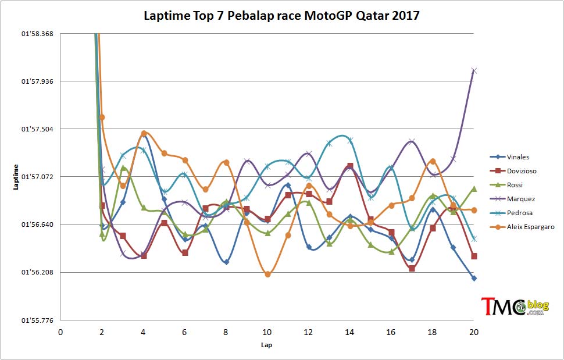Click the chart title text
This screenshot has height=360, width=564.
click(x=281, y=16)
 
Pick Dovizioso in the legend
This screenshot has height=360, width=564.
click(x=513, y=171)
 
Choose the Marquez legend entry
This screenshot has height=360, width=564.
click(x=513, y=199)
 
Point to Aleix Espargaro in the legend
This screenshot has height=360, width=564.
click(x=522, y=227)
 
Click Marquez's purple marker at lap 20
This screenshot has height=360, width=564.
click(x=474, y=71)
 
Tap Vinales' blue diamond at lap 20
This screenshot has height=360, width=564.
click(x=474, y=279)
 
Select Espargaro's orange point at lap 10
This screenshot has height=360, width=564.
click(x=267, y=275)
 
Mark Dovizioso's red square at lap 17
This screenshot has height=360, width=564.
click(x=412, y=268)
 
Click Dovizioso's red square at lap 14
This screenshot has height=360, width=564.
click(x=350, y=166)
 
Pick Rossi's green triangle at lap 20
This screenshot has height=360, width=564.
click(x=474, y=188)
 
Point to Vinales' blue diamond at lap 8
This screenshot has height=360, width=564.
click(x=226, y=262)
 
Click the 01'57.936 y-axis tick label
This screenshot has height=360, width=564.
click(x=37, y=81)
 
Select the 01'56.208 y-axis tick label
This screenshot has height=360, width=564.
click(x=37, y=272)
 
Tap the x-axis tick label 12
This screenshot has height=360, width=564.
click(x=308, y=332)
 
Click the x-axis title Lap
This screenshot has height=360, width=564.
click(x=266, y=345)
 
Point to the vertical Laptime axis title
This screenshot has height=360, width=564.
click(x=16, y=177)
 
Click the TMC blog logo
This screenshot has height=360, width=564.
click(x=515, y=306)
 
